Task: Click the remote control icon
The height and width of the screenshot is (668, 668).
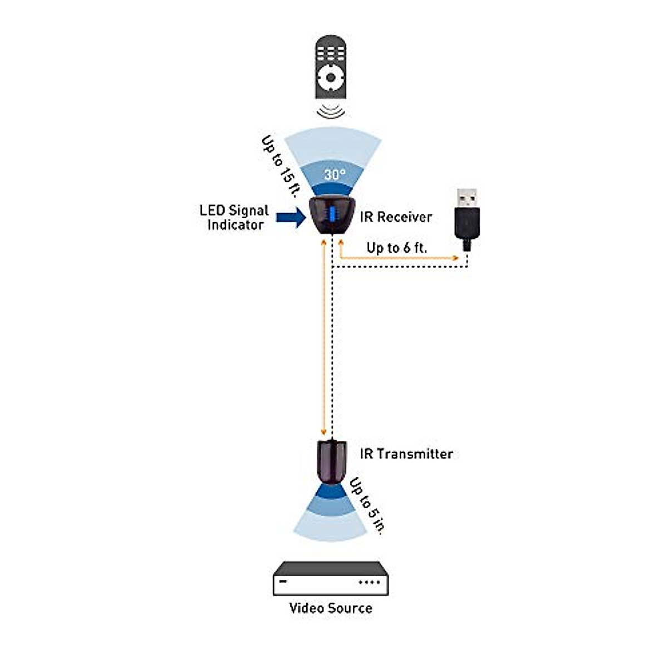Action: [331, 67]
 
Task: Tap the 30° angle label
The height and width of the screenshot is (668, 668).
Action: [335, 175]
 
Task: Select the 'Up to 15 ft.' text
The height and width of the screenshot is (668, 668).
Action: [278, 166]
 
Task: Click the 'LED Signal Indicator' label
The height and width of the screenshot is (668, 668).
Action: [234, 218]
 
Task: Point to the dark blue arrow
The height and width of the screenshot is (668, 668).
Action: [291, 218]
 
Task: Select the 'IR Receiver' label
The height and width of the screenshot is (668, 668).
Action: [396, 217]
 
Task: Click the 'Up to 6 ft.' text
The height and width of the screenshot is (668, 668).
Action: [396, 248]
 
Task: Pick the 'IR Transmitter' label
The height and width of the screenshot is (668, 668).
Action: [406, 454]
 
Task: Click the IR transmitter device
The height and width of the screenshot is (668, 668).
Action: [332, 461]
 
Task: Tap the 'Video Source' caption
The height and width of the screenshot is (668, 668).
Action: [331, 608]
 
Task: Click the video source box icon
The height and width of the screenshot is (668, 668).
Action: [331, 579]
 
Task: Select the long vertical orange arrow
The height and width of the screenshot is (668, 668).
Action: [323, 340]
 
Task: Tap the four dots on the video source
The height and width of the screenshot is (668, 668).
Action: [369, 583]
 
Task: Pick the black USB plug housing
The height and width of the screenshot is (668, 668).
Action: [466, 226]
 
